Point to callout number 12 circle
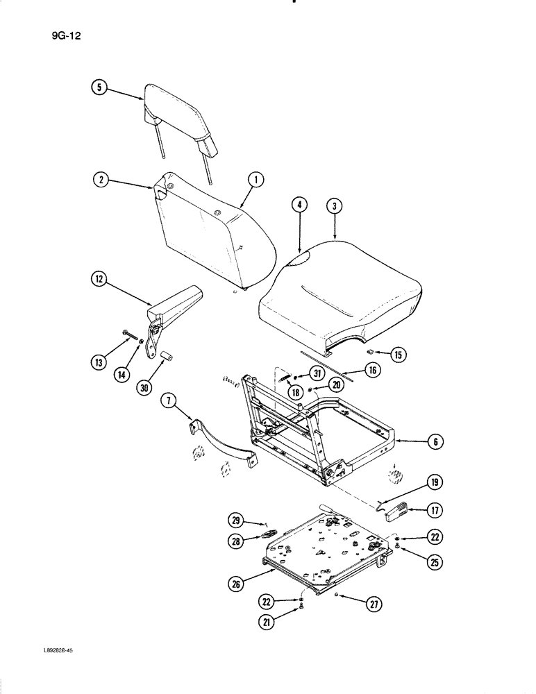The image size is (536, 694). point(99,280)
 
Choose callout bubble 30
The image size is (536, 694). point(144,388)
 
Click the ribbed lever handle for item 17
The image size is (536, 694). point(399,512)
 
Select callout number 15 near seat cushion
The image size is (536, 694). point(399,355)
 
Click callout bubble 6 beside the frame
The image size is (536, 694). point(434,441)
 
